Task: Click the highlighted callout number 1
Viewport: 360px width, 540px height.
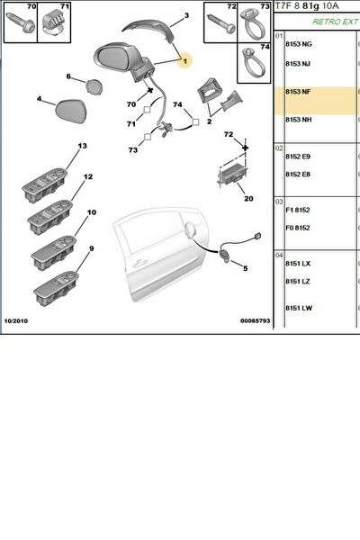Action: (x=185, y=61)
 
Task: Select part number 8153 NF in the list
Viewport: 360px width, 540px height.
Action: (x=298, y=92)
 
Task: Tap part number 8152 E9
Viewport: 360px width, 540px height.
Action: (x=298, y=157)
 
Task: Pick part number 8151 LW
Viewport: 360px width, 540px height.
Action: (x=299, y=308)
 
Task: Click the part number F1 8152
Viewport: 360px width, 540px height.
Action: (x=298, y=210)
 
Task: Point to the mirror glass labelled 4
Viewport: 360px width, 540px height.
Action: (x=71, y=112)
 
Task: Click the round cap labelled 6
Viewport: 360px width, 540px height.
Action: (x=94, y=86)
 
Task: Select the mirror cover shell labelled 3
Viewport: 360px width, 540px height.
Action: (x=147, y=30)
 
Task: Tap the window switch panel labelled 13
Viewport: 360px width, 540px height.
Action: (x=44, y=185)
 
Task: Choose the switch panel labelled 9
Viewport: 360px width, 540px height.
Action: (x=56, y=289)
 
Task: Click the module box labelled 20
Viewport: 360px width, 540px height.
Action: (x=233, y=175)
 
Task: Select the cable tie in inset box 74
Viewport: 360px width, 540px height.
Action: (x=255, y=64)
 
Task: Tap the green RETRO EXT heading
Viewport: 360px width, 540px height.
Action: (x=335, y=22)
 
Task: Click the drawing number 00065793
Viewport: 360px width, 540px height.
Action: (x=256, y=321)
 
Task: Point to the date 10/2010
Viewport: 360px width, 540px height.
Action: (x=16, y=321)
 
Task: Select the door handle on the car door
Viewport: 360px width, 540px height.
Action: (x=139, y=264)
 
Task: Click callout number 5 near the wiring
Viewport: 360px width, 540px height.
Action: (x=246, y=268)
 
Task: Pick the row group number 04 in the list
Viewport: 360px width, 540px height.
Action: (x=279, y=256)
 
